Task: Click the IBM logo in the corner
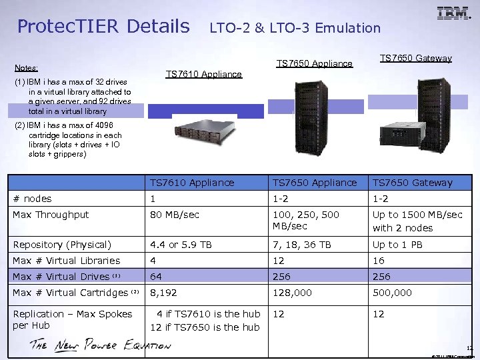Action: click(453, 13)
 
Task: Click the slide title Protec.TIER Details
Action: click(103, 27)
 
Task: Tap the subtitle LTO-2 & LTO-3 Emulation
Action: click(295, 28)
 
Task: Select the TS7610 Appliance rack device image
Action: click(195, 137)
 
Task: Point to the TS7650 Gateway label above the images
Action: click(415, 59)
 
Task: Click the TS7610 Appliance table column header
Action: click(192, 183)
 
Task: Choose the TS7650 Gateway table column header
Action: click(412, 183)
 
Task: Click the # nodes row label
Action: click(32, 199)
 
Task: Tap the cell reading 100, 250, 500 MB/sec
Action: click(305, 221)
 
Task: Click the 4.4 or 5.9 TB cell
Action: click(181, 245)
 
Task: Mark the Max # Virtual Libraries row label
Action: click(67, 261)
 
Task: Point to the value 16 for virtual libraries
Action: click(378, 261)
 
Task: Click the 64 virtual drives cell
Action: click(156, 277)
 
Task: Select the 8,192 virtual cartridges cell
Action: click(163, 293)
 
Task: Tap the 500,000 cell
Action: click(392, 293)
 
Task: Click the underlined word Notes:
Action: click(26, 68)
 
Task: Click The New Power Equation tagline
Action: click(100, 345)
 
